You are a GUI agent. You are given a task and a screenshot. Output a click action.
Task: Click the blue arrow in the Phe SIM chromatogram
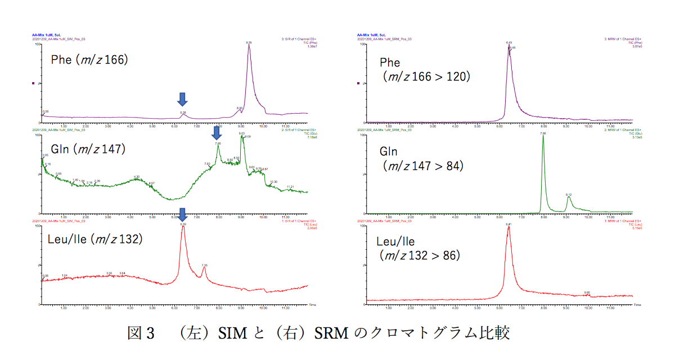pos(182,100)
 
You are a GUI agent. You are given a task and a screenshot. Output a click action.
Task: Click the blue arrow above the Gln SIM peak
pos(216,133)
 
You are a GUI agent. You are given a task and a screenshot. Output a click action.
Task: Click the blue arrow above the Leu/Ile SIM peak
pos(182,215)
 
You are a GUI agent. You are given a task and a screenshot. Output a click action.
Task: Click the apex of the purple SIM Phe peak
pos(249,46)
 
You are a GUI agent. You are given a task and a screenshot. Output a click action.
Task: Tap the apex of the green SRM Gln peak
pos(543,137)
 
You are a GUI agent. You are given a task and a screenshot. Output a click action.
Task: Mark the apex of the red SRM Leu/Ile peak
pos(508,227)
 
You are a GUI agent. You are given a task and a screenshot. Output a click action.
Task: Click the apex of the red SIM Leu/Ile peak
pos(183,227)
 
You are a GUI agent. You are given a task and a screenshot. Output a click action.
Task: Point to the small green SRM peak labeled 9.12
pos(569,197)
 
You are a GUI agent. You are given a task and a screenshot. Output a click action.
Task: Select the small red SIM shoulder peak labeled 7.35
pos(204,268)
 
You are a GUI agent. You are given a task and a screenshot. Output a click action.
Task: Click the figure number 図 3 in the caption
pos(141,334)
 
